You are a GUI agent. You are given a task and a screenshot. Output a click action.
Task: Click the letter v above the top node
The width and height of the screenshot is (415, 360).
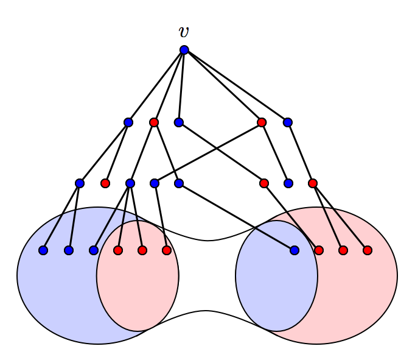[184, 32]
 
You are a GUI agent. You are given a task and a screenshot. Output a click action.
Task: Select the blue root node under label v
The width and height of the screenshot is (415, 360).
[184, 50]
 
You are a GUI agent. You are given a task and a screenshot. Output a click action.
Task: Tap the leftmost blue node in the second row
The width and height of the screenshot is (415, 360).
[128, 122]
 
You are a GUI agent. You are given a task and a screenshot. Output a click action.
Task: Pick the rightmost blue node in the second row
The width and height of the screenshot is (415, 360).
[288, 122]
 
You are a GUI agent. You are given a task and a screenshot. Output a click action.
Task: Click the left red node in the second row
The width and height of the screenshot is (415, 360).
[154, 122]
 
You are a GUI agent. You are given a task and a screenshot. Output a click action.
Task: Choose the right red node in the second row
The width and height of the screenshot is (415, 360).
[262, 122]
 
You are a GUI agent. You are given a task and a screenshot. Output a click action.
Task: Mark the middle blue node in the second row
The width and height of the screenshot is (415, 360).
[178, 122]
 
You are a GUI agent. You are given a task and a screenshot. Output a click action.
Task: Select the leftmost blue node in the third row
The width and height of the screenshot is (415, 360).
[80, 183]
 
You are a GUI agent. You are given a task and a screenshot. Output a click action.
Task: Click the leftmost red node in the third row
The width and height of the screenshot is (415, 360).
[105, 183]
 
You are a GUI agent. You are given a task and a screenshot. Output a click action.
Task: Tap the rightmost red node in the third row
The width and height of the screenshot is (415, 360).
[313, 183]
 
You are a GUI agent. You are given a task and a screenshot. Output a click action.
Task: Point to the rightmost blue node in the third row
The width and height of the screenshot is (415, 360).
[288, 183]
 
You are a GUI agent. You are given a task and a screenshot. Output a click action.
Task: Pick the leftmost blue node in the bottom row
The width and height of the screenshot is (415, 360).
[43, 250]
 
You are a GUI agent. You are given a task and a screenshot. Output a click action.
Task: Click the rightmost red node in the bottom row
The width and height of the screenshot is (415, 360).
[368, 250]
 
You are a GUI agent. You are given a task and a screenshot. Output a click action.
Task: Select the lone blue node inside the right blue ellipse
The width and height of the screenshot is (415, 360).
[295, 250]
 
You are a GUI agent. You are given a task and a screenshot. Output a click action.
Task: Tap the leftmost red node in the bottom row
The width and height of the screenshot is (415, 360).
[118, 250]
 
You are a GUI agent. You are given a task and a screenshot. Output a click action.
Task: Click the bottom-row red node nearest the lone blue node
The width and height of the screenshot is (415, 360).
[319, 250]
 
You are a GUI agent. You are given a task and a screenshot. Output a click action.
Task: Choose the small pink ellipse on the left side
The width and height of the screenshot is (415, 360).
[138, 292]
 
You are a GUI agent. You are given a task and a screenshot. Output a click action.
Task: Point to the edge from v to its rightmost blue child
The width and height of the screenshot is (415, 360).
[236, 86]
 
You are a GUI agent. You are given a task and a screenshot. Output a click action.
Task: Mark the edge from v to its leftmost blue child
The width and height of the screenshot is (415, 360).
[156, 86]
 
